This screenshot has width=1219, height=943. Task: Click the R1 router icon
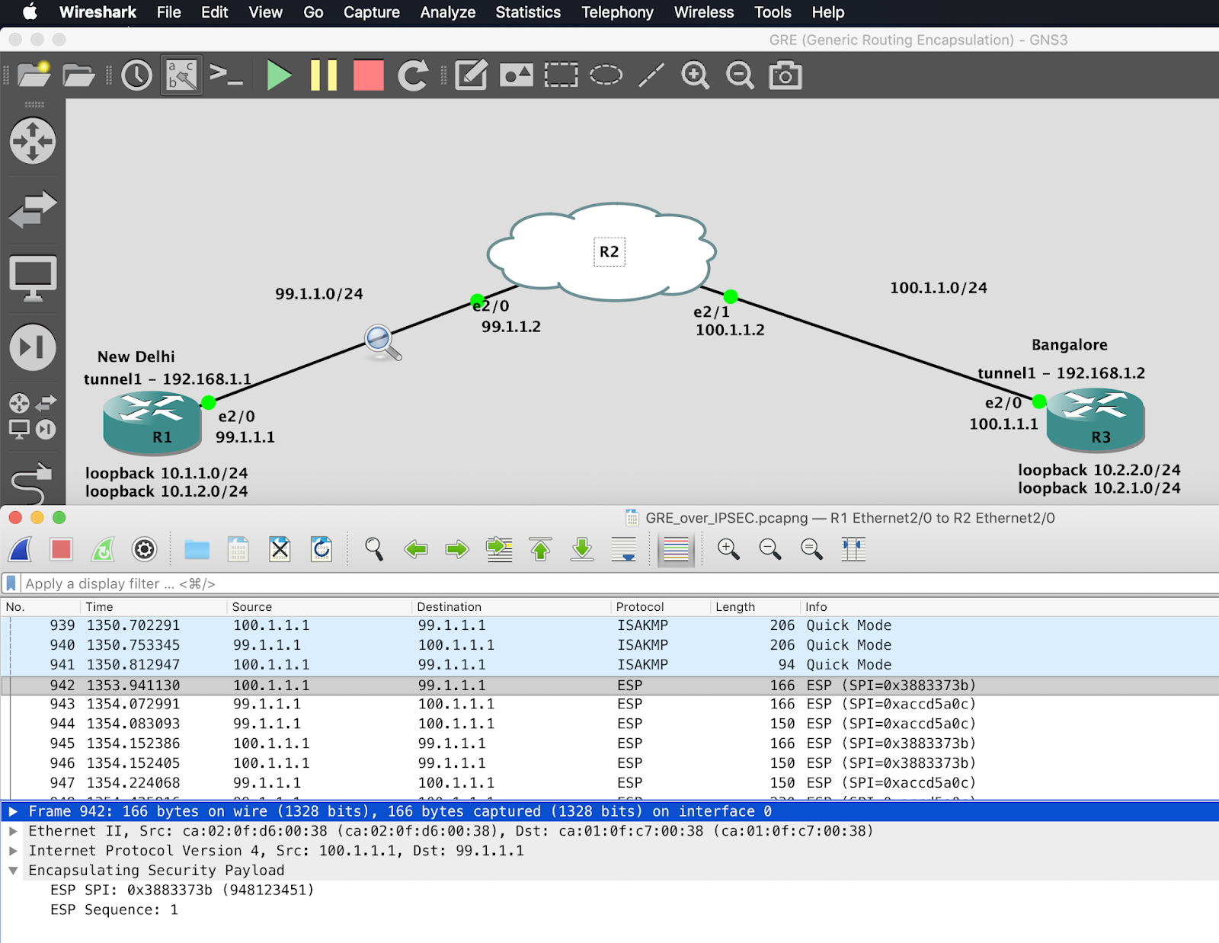pos(152,420)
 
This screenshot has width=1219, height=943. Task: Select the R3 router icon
pos(1095,419)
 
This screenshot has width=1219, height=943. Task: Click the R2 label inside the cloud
pos(609,251)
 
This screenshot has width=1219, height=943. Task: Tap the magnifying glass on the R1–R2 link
pos(382,342)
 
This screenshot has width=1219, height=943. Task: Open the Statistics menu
pos(527,12)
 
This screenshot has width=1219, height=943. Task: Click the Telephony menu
pos(617,12)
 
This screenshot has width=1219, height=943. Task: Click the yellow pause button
pos(324,75)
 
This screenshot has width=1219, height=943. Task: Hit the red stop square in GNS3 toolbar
pos(369,75)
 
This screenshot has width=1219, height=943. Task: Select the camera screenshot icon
pos(785,75)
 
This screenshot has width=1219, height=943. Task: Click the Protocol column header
pos(640,606)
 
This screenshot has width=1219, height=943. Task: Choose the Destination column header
pos(449,606)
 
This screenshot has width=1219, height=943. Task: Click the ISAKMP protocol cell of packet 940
pos(642,644)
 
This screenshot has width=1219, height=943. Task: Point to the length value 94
pos(786,664)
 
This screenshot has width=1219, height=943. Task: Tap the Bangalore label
pos(1069,344)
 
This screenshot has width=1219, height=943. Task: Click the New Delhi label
pos(136,356)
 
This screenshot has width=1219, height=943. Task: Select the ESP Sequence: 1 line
pos(114,909)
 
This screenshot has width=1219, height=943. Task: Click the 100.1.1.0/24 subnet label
pos(938,287)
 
